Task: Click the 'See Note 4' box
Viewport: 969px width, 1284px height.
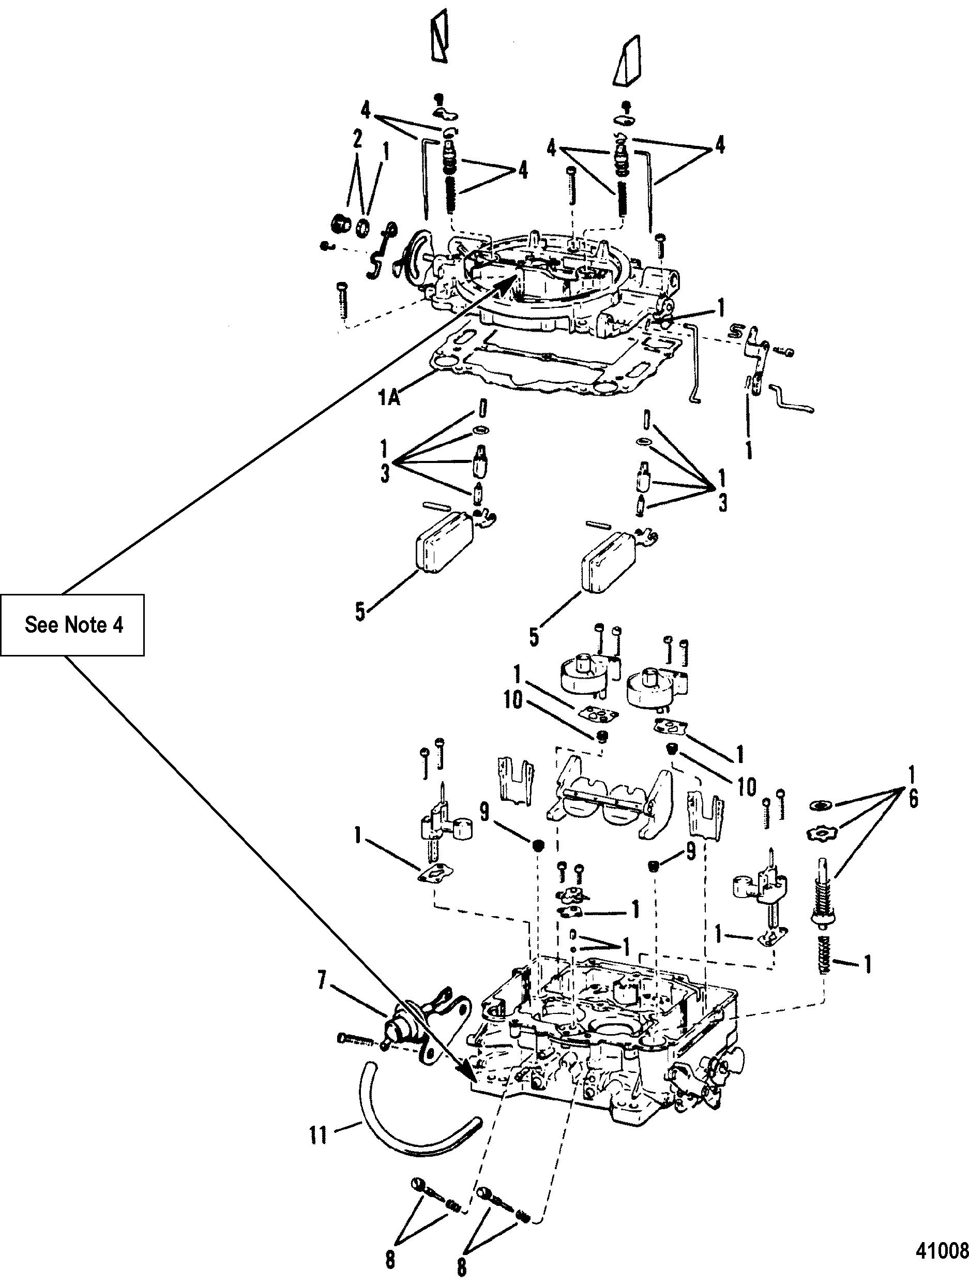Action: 72,624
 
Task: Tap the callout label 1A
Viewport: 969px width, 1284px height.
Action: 389,398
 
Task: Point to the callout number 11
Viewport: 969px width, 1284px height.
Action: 319,1135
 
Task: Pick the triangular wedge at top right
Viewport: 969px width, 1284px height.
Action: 627,61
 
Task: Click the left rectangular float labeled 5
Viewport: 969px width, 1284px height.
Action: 444,538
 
